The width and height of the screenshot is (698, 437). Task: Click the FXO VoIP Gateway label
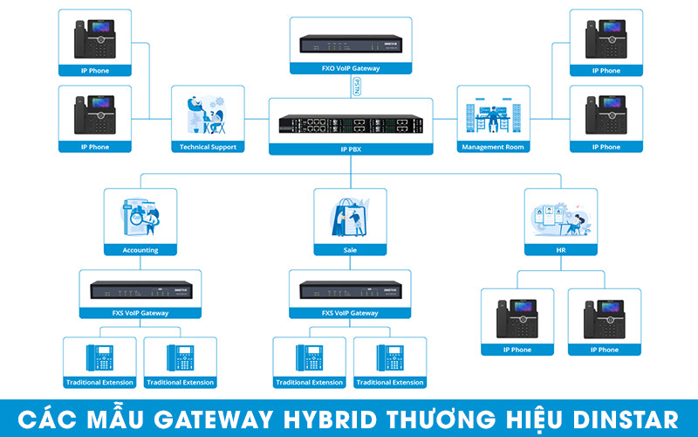coord(351,68)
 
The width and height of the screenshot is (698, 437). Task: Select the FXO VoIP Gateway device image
coord(351,44)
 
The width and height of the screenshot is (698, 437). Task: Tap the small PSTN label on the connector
coord(355,86)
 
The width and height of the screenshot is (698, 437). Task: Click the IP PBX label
coord(351,149)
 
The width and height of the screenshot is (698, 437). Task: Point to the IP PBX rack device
coord(351,124)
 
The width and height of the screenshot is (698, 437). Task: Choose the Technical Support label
coord(208,147)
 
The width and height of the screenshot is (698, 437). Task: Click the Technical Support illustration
coord(208,115)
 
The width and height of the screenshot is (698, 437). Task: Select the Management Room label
coord(493,147)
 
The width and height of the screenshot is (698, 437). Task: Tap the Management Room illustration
coord(493,115)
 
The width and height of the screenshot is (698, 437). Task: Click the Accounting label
coord(140,250)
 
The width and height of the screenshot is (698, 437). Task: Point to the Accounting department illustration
coord(140,217)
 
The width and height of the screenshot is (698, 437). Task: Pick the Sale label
coord(350,250)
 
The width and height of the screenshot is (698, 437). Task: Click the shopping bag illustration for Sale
coord(350,217)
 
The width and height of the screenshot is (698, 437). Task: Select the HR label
coord(560,250)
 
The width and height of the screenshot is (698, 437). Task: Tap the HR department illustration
coord(560,217)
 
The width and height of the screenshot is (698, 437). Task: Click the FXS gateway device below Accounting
coord(140,289)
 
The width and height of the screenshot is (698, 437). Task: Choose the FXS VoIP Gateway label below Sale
coord(350,313)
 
